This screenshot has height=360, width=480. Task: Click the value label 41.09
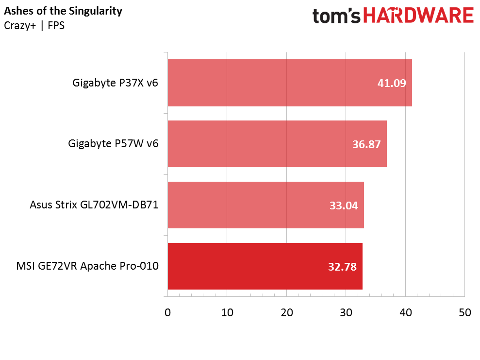[392, 83]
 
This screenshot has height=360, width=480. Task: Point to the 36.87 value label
[366, 144]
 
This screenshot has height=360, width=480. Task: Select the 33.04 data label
[344, 206]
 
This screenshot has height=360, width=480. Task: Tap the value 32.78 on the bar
[343, 267]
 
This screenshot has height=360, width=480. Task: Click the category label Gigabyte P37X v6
[116, 83]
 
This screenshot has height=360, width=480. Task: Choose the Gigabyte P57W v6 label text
[114, 144]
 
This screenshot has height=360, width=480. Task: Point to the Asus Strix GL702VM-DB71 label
[94, 205]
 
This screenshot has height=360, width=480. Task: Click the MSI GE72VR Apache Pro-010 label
[87, 266]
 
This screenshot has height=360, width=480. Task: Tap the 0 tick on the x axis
[167, 313]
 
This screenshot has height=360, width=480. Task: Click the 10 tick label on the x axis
[227, 313]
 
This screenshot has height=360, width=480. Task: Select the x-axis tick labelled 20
[286, 313]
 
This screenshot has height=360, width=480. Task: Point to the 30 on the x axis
[346, 313]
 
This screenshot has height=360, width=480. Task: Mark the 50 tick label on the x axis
[464, 313]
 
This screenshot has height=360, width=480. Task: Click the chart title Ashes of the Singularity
[63, 11]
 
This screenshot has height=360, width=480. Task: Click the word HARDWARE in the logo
[418, 16]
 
